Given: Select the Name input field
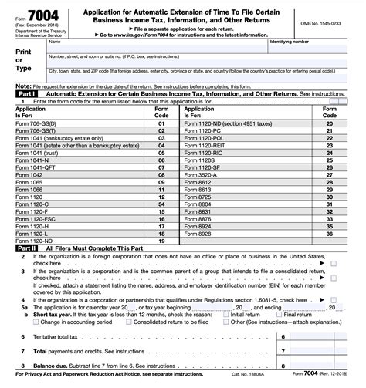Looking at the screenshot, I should coord(154,49).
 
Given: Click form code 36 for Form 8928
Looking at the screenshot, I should coord(330,232).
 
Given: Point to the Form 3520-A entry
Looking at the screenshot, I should coord(202,174).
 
